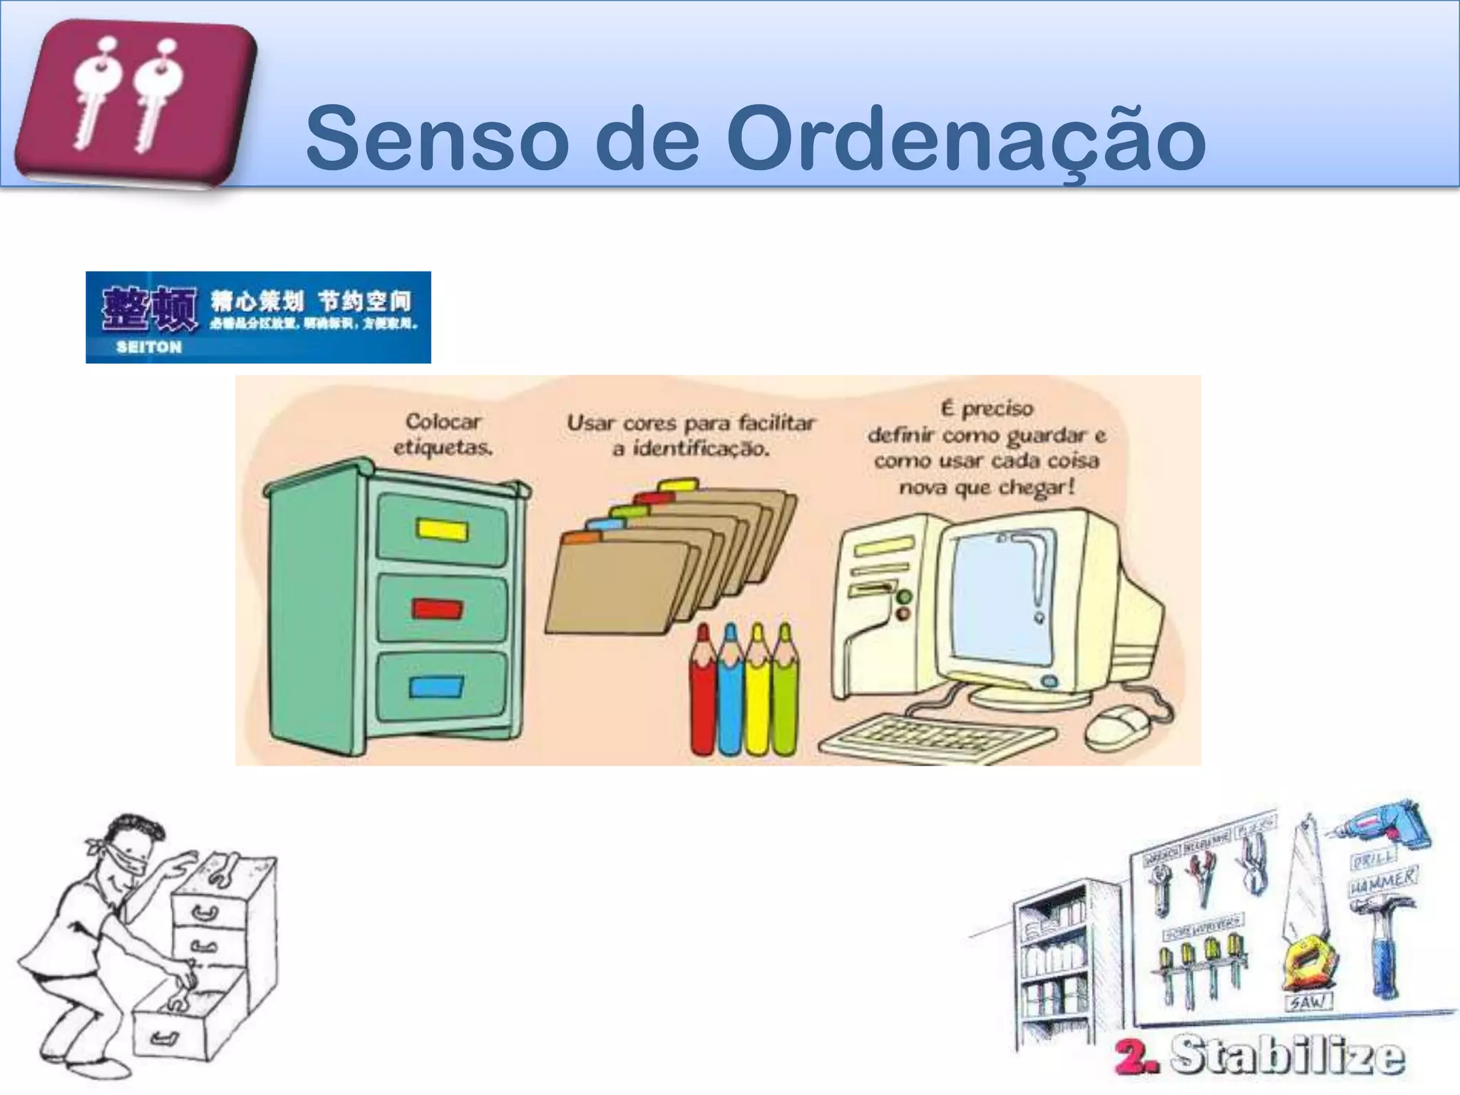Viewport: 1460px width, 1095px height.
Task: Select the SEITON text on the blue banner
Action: coord(149,348)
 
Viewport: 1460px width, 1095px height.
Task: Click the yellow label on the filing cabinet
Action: coord(442,530)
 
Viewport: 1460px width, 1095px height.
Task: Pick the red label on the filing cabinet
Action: coord(437,609)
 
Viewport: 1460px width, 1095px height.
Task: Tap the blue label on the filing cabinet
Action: coord(436,687)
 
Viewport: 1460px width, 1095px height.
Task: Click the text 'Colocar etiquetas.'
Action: coord(443,434)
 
